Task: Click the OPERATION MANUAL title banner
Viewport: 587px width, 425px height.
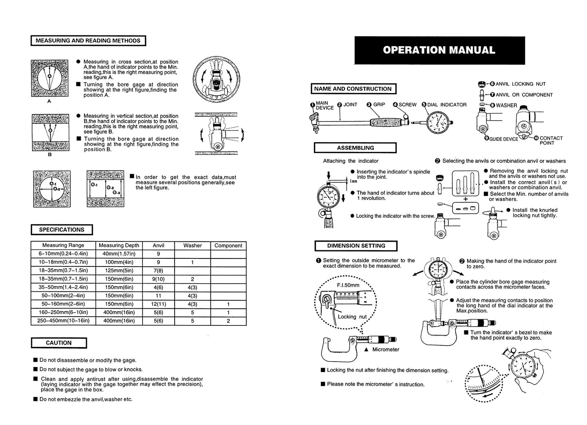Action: click(439, 50)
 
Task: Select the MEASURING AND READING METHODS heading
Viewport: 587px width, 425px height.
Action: click(88, 41)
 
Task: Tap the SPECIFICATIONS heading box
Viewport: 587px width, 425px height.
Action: click(62, 230)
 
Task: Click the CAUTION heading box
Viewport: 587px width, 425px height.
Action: click(59, 343)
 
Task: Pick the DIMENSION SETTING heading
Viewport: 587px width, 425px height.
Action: click(356, 246)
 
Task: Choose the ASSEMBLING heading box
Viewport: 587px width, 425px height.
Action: click(355, 148)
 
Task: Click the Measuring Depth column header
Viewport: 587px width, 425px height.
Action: click(119, 245)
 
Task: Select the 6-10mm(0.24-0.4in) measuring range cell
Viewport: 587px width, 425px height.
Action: click(63, 254)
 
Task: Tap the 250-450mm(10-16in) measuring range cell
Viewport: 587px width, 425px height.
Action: click(63, 321)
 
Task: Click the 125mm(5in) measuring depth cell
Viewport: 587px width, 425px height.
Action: click(119, 271)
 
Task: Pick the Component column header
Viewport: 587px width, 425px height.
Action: click(228, 245)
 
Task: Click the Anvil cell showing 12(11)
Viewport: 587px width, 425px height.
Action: click(158, 304)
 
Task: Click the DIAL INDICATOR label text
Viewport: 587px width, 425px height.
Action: click(446, 105)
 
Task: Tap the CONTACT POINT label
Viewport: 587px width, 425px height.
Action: click(551, 140)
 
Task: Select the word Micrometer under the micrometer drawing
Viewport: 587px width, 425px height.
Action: click(386, 349)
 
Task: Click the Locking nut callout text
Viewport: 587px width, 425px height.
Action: click(352, 317)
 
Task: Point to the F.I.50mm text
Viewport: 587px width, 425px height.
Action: click(348, 285)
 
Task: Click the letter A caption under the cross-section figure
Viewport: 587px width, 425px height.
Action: click(49, 102)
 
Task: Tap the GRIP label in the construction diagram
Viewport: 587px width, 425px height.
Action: click(379, 105)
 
